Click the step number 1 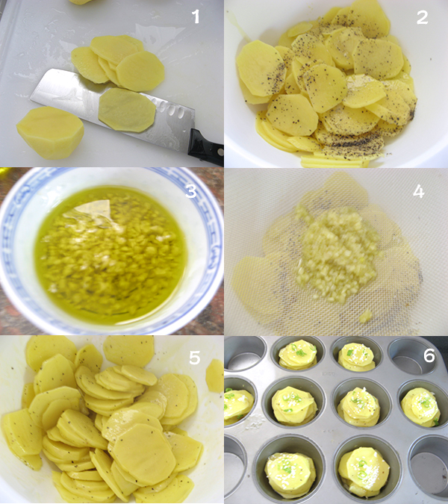tap(196, 16)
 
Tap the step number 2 tap(422, 17)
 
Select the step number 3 tap(191, 191)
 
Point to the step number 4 tap(418, 191)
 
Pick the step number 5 tap(195, 358)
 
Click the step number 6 tap(429, 356)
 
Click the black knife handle tap(206, 147)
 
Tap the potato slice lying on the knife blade tap(127, 110)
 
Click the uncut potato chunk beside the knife tap(50, 133)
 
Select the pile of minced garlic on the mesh tap(337, 254)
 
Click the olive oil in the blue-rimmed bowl tap(109, 254)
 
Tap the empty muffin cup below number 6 tap(408, 355)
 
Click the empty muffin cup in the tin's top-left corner tap(245, 353)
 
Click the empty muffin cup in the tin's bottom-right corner tap(429, 466)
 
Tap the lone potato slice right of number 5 tap(215, 376)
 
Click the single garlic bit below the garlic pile tap(365, 317)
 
